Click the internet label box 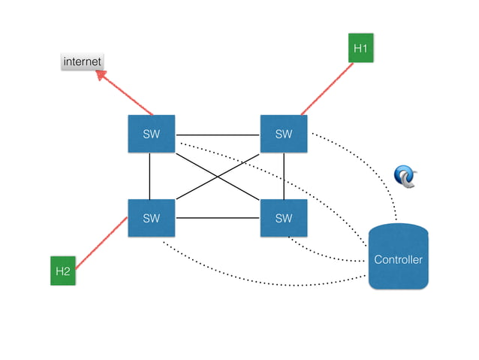82,61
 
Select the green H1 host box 360,49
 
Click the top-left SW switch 151,135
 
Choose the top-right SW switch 283,135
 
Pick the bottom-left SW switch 151,219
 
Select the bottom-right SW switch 283,219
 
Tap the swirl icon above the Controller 405,176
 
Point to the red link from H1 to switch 327,89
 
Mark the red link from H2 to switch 101,242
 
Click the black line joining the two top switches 218,135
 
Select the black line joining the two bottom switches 218,219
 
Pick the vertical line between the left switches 150,177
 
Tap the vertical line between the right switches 284,177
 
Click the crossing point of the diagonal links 218,177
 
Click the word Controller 398,260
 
